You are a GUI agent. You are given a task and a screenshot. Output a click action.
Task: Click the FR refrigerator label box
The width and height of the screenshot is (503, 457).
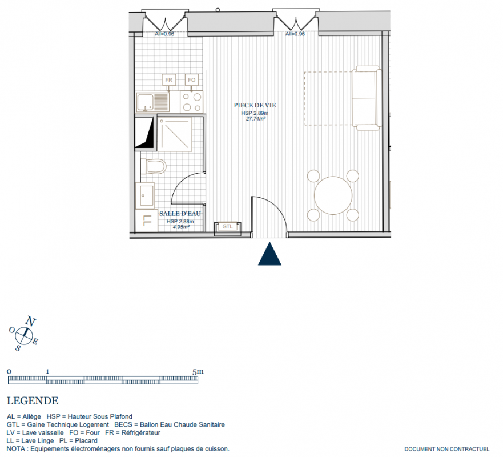click(x=169, y=79)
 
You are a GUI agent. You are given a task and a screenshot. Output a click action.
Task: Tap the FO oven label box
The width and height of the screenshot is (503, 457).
click(x=191, y=79)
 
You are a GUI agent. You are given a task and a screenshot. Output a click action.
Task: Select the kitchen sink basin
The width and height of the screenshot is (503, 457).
click(x=146, y=102)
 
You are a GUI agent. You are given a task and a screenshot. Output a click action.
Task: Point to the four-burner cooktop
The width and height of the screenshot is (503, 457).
click(x=191, y=102)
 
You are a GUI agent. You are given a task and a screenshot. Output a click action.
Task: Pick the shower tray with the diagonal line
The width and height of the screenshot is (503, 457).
click(x=175, y=134)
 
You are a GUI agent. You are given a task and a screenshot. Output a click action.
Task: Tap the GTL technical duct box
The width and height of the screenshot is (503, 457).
click(x=227, y=227)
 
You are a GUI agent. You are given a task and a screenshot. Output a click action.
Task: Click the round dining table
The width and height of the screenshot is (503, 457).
click(x=333, y=195)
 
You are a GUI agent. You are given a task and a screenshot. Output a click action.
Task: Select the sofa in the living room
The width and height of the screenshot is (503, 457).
click(x=367, y=98)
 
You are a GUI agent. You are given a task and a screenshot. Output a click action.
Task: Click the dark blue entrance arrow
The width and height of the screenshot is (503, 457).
click(x=270, y=254)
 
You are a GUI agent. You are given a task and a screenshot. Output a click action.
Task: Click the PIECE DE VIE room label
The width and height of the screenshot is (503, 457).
click(x=255, y=105)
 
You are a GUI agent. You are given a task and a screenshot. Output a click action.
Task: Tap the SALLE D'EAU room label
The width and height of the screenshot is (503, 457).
click(x=180, y=214)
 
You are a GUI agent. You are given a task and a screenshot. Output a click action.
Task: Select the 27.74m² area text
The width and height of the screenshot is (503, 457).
click(x=256, y=118)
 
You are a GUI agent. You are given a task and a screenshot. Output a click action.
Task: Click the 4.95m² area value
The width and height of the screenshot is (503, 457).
click(x=181, y=227)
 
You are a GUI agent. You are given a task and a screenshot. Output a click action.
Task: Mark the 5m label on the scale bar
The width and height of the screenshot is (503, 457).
click(x=198, y=372)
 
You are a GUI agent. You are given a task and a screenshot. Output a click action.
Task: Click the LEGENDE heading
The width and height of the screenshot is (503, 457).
click(x=33, y=401)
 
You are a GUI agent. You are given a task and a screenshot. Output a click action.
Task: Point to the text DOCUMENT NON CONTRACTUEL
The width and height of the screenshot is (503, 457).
click(x=447, y=450)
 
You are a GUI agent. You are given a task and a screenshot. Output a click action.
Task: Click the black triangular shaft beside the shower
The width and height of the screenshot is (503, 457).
click(x=144, y=132)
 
